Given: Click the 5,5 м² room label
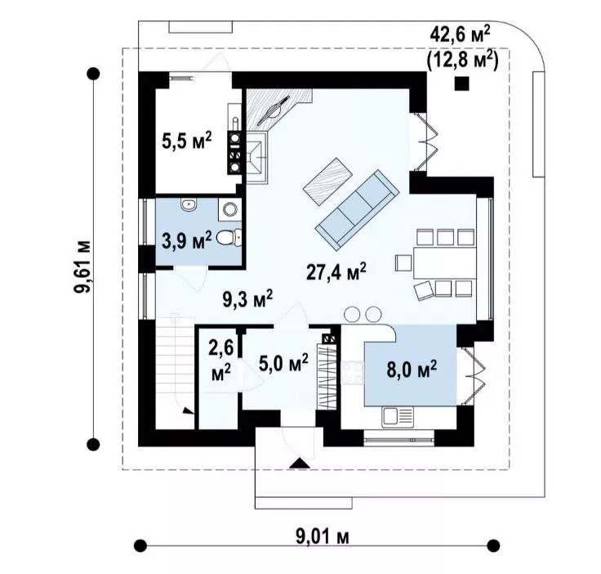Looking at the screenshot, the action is click(x=187, y=141).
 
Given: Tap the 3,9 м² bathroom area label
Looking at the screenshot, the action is click(x=187, y=240).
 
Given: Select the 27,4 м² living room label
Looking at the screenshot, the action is click(x=336, y=271).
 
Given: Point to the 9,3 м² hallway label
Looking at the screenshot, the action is click(x=247, y=299).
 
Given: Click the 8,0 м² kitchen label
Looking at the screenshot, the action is click(x=412, y=369).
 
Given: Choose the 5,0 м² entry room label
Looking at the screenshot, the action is click(x=283, y=362).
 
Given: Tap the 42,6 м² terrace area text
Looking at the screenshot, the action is click(x=461, y=35).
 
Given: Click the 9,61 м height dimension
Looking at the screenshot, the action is click(x=82, y=267).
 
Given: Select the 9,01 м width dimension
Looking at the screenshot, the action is click(x=323, y=536).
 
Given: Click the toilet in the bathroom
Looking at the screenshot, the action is click(x=229, y=237).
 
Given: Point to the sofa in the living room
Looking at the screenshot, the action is click(x=357, y=210).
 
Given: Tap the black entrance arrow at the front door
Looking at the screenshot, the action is click(x=300, y=463).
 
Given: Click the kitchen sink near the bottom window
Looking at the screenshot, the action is click(x=398, y=416).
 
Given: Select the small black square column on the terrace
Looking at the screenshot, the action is click(x=461, y=83).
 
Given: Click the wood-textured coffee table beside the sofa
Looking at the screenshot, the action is click(x=327, y=182).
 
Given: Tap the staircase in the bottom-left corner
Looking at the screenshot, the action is click(x=175, y=370).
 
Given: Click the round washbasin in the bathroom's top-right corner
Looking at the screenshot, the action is click(x=230, y=209).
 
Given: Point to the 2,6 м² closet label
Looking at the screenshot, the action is click(x=221, y=361).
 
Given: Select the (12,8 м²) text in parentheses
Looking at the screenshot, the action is click(x=462, y=60).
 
